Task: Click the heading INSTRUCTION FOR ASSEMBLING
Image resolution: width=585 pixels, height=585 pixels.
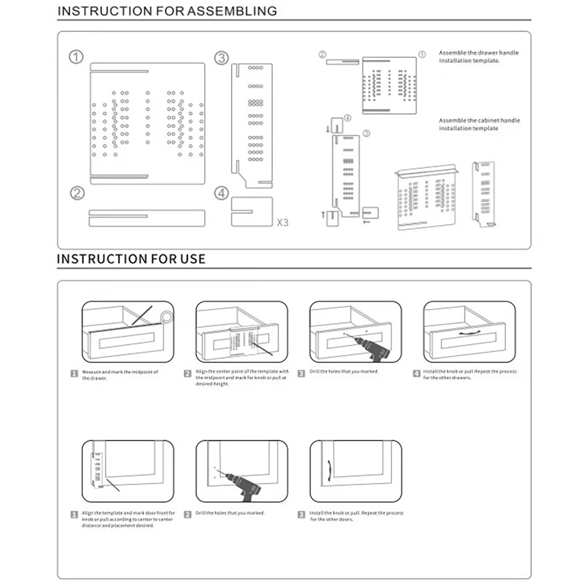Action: [167, 11]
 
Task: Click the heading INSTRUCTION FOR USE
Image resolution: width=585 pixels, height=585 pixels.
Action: [131, 259]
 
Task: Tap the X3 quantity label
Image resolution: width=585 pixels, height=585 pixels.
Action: [282, 222]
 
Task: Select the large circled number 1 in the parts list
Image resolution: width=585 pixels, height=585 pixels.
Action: [76, 57]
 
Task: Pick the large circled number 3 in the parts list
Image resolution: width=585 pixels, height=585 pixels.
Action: [221, 58]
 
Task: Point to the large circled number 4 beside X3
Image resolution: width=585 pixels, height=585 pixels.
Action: [221, 193]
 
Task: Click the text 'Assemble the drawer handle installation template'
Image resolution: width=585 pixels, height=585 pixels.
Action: [478, 57]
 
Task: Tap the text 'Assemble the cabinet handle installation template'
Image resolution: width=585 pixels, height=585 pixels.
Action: [479, 124]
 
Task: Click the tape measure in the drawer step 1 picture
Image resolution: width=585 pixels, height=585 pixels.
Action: [166, 316]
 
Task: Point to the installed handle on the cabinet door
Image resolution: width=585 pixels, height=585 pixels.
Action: [330, 469]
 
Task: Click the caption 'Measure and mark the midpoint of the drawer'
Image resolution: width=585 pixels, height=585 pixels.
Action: [119, 375]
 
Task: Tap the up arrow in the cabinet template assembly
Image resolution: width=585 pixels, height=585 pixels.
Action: [323, 215]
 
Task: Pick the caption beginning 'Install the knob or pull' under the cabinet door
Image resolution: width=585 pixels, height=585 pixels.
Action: [356, 516]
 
